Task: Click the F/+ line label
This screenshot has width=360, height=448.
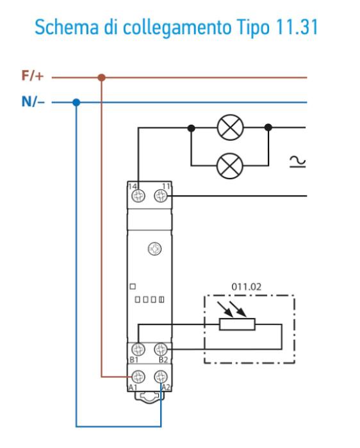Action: pos(33,76)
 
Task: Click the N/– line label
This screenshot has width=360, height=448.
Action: pos(33,101)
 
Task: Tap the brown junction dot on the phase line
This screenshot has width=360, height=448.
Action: pos(101,77)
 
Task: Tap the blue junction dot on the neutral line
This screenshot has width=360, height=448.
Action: pos(76,102)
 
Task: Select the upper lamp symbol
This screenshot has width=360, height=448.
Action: pos(230,127)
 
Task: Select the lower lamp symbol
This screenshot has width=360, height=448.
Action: pos(230,166)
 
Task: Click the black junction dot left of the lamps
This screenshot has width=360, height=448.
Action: pos(192,128)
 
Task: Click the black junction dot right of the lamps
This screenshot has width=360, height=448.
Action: pos(268,127)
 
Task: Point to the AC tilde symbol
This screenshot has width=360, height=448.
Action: pos(298,161)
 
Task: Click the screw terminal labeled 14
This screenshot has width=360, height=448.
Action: pos(138,196)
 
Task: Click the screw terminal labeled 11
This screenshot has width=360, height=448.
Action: pos(161,196)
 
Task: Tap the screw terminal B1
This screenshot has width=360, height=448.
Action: pos(138,349)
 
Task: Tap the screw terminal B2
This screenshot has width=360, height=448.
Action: pos(161,349)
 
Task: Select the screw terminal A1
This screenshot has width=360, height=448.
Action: pos(138,376)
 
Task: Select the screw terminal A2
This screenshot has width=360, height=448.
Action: pos(161,376)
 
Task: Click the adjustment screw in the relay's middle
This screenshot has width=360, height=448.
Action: pos(154,248)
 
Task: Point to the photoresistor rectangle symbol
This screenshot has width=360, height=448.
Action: pos(237,324)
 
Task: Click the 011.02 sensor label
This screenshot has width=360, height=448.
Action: pos(246,287)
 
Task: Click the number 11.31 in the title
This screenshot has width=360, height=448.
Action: pos(297,27)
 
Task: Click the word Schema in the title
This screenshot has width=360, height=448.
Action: pos(67,27)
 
